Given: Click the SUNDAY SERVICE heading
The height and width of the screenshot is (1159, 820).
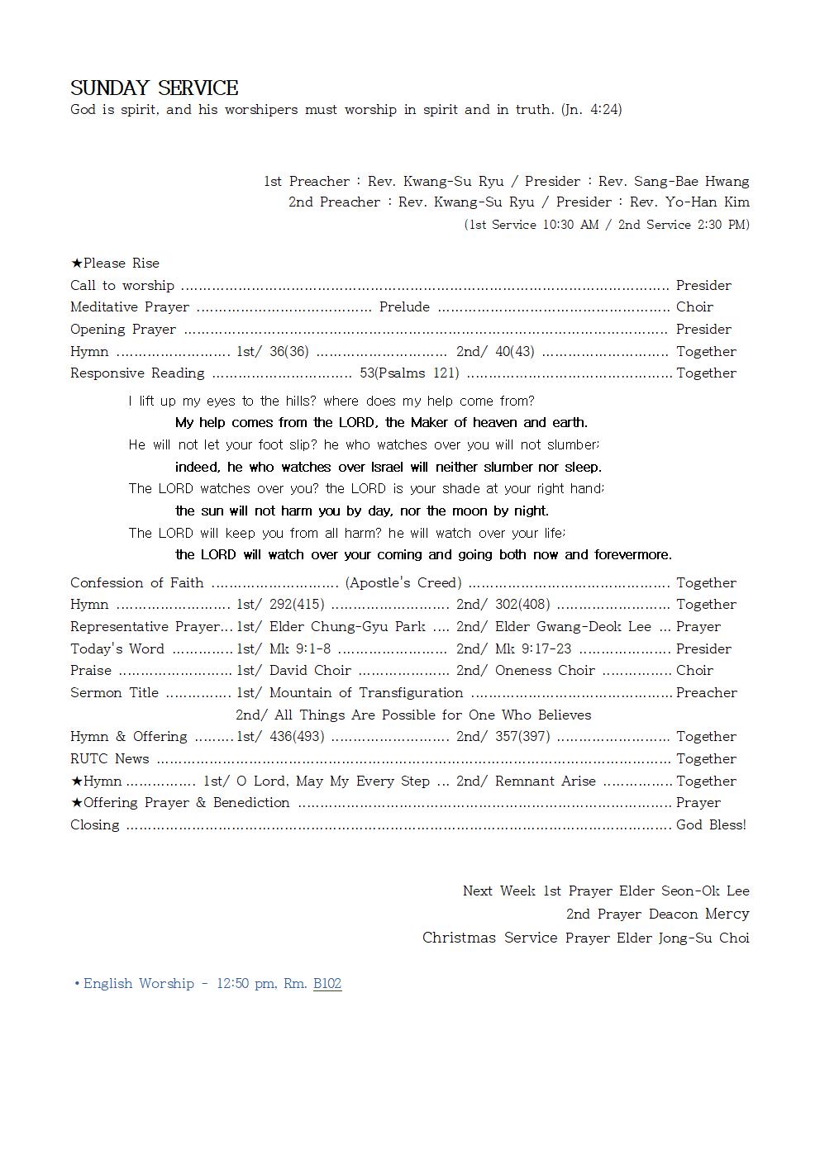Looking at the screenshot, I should pyautogui.click(x=154, y=88).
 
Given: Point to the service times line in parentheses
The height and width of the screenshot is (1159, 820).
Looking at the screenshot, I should pyautogui.click(x=607, y=225).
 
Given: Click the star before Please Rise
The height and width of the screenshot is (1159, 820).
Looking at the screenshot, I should pyautogui.click(x=76, y=264).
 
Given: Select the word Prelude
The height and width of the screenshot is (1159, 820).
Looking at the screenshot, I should pyautogui.click(x=404, y=307).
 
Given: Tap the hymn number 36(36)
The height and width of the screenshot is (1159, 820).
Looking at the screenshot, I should pyautogui.click(x=288, y=352).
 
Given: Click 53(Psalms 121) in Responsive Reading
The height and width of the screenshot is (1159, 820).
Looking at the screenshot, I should pyautogui.click(x=409, y=373).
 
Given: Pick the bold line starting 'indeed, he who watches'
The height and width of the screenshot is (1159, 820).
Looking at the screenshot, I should pyautogui.click(x=389, y=468).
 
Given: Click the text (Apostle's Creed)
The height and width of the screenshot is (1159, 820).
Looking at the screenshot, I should pyautogui.click(x=403, y=583).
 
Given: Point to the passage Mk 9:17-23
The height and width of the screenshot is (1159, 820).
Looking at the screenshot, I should pyautogui.click(x=532, y=649).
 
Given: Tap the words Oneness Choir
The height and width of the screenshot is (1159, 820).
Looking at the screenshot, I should pyautogui.click(x=545, y=671).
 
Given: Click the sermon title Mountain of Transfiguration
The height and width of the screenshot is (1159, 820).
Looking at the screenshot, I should pyautogui.click(x=366, y=693).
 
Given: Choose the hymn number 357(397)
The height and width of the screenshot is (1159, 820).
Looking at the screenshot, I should pyautogui.click(x=522, y=737).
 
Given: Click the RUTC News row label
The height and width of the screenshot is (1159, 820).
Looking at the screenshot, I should pyautogui.click(x=110, y=759).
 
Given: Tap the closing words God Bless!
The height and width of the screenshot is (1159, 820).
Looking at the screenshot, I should pyautogui.click(x=711, y=825).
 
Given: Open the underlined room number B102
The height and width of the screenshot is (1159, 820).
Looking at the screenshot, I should pyautogui.click(x=327, y=984).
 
